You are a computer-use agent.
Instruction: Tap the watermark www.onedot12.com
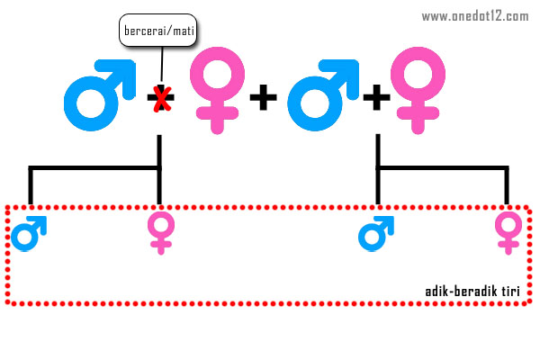pos(474,15)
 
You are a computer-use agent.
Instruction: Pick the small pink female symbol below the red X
pos(160,232)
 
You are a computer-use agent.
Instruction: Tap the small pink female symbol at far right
pos(508,232)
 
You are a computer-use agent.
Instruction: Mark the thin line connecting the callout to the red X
pos(161,63)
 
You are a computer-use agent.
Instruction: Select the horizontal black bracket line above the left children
pos(94,167)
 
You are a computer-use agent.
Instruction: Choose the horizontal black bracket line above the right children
pos(442,167)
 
